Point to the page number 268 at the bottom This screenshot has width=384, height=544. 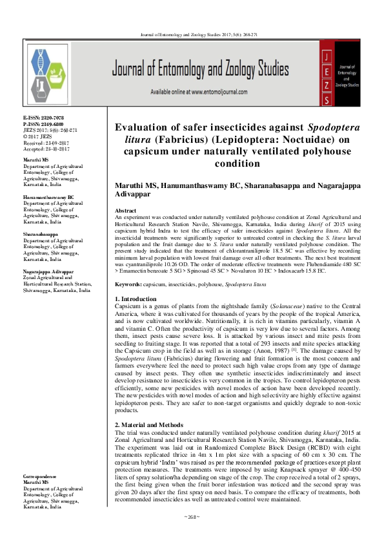pyautogui.click(x=192, y=535)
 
